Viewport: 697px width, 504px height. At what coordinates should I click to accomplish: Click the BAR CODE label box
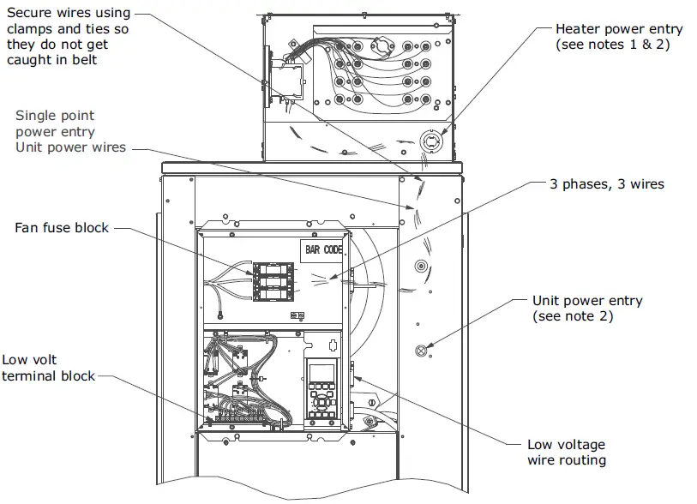(x=321, y=252)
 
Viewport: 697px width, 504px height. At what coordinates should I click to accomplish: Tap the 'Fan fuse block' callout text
(x=62, y=228)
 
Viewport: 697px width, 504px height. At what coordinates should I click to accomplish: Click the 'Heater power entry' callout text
(x=619, y=29)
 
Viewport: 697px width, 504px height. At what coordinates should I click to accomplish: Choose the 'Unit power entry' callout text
(x=587, y=301)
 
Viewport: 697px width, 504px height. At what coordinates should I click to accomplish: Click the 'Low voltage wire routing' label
(x=566, y=453)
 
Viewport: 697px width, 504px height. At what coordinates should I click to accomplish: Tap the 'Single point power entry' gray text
(x=55, y=123)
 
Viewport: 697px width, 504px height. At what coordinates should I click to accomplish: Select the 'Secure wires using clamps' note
(x=69, y=36)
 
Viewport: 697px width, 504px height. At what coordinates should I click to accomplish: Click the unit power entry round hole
(x=420, y=351)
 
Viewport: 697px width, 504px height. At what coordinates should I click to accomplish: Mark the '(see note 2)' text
(x=572, y=316)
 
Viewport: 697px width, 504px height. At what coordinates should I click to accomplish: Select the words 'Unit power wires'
(x=70, y=147)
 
